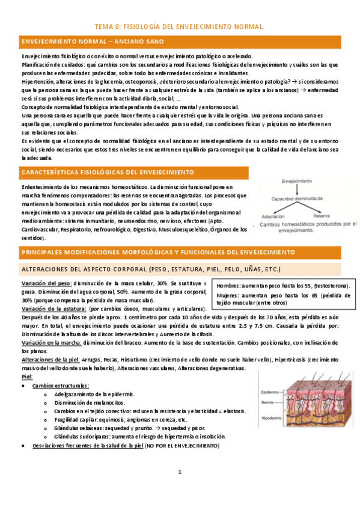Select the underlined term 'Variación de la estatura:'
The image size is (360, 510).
pyautogui.click(x=53, y=309)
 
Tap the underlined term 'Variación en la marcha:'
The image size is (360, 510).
pyautogui.click(x=51, y=342)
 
